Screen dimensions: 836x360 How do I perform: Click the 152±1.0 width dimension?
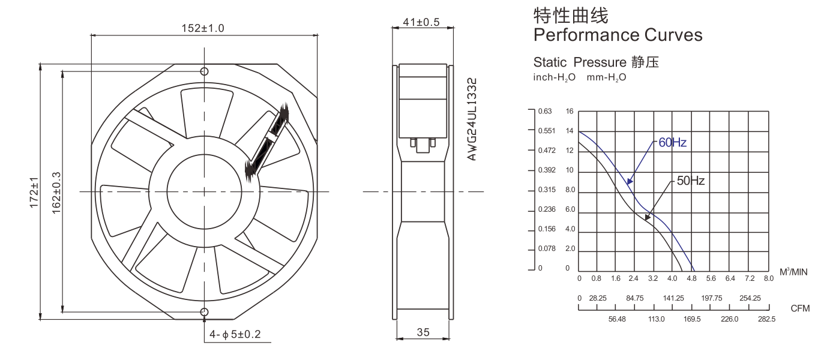203,28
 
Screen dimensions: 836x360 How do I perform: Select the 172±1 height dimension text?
34,193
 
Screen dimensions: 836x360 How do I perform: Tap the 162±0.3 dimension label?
56,193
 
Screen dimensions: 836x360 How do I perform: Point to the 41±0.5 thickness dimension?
421,22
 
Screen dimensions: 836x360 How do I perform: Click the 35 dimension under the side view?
423,332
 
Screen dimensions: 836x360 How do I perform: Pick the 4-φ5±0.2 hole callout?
235,334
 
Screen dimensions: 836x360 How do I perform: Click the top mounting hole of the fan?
204,71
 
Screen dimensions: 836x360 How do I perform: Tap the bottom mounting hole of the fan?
204,312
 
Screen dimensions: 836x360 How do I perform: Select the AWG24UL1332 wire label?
472,119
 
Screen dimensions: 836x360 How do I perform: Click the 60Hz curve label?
672,143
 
